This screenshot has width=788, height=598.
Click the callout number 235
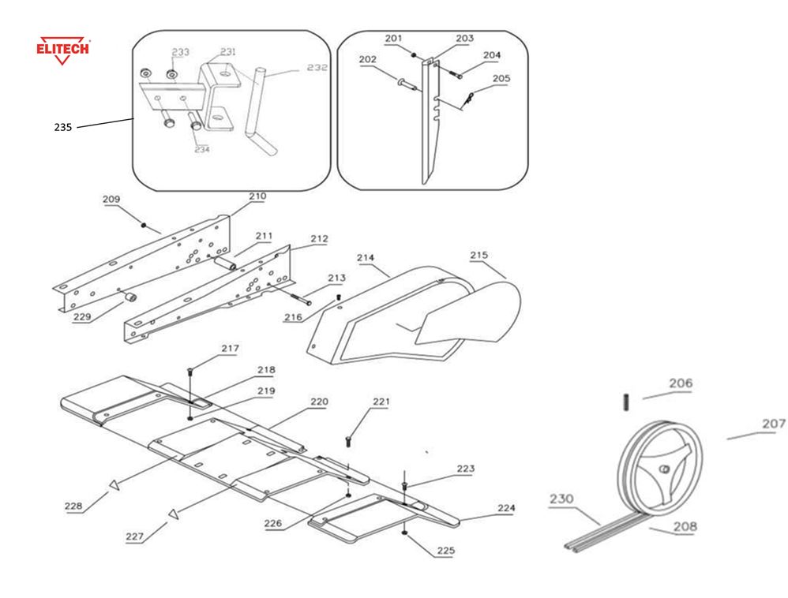pyautogui.click(x=63, y=126)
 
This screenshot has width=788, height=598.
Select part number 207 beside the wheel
pyautogui.click(x=774, y=424)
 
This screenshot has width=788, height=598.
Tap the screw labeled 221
pyautogui.click(x=347, y=439)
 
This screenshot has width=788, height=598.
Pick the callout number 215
pyautogui.click(x=479, y=255)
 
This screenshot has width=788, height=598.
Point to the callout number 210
pyautogui.click(x=257, y=196)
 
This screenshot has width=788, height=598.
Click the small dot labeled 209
pyautogui.click(x=143, y=225)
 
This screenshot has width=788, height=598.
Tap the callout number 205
pyautogui.click(x=501, y=79)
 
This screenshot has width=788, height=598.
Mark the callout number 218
pyautogui.click(x=266, y=369)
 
